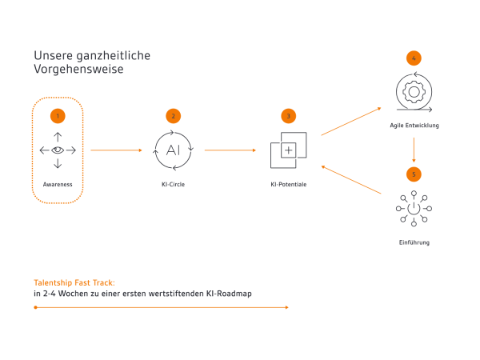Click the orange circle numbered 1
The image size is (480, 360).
[x=58, y=116]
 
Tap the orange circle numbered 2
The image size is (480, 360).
[x=174, y=116]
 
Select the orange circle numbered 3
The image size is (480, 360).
[x=288, y=116]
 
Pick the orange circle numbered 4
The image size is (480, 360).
[x=414, y=58]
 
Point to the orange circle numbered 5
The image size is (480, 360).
[x=414, y=174]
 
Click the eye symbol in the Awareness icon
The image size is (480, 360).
[x=58, y=150]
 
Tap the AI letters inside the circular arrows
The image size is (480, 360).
[x=173, y=150]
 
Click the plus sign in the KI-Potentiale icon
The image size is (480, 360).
[x=289, y=150]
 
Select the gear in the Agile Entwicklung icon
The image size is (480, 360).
[x=414, y=92]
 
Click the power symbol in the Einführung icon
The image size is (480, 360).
[x=414, y=209]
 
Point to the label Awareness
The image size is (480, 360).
[x=58, y=184]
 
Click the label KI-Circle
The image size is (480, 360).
[x=174, y=184]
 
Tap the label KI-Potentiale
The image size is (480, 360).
[x=289, y=184]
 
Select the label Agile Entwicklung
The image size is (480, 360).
[x=414, y=126]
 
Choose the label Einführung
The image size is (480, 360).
[x=414, y=242]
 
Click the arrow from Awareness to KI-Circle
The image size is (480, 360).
[x=116, y=150]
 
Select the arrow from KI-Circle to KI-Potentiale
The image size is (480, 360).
[x=230, y=150]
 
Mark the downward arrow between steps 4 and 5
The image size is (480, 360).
[x=414, y=150]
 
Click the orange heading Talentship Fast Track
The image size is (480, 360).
[x=74, y=283]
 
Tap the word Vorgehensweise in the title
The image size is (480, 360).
[x=78, y=70]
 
